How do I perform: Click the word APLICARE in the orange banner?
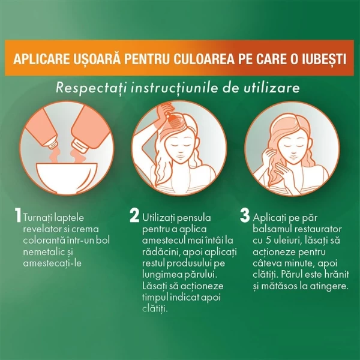[41, 59]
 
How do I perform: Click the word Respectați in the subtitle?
[86, 88]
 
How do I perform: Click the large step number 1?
[19, 217]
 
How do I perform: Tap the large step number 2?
[135, 217]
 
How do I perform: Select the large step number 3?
[245, 215]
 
